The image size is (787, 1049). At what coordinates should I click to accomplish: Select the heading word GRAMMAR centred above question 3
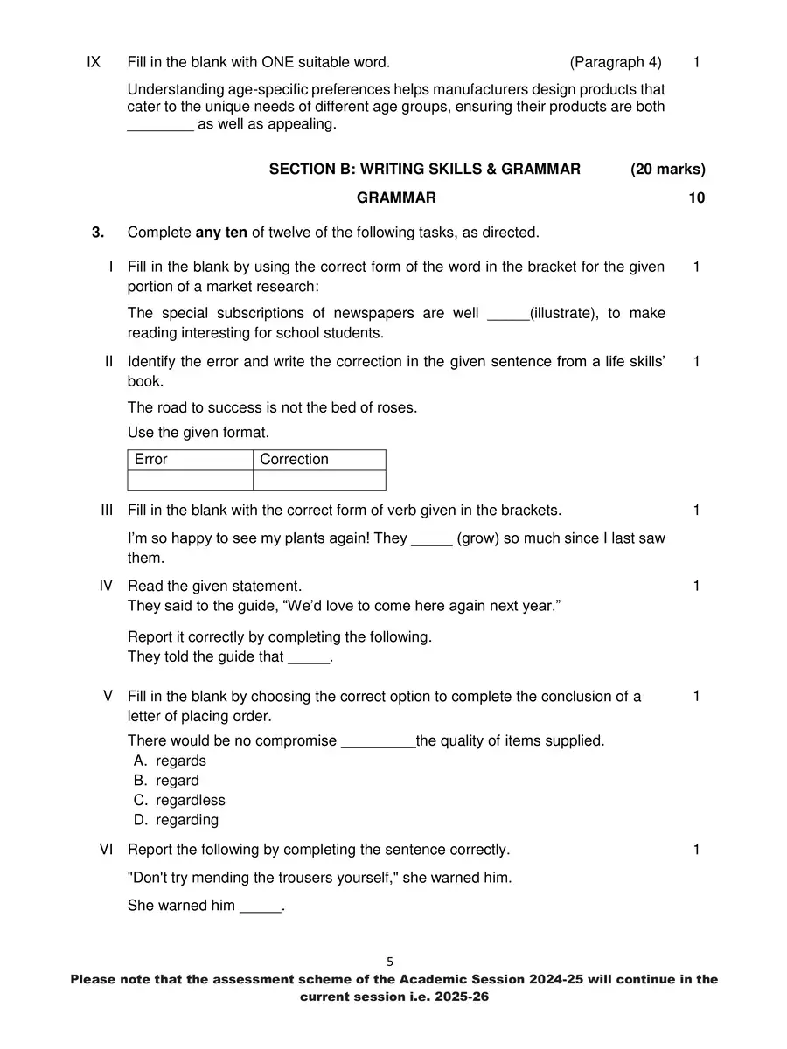click(x=396, y=198)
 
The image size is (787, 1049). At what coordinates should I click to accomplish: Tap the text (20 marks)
click(x=667, y=170)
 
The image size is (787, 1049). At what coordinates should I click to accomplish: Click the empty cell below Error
click(x=190, y=481)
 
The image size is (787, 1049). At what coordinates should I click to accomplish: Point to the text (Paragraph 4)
click(x=616, y=62)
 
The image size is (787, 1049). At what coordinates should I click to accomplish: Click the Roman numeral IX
click(x=94, y=62)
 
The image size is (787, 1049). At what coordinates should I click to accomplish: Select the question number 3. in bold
click(x=98, y=233)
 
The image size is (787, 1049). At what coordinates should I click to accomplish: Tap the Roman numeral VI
click(x=107, y=850)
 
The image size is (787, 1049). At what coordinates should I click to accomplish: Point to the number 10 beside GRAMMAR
click(x=696, y=198)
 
